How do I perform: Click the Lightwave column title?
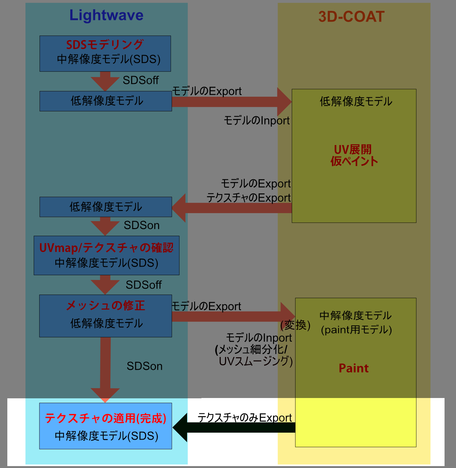pos(106,15)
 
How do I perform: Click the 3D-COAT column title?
pos(351,17)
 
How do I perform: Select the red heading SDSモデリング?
pos(105,45)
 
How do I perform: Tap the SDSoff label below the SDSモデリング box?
pos(141,80)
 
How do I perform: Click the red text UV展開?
pos(353,149)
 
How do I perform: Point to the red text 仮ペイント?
pos(354,161)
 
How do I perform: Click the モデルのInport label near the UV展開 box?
pos(256,121)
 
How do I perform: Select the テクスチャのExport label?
pos(249,198)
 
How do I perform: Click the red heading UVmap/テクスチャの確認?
pos(106,248)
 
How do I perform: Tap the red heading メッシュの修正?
pos(106,305)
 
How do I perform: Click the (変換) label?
pos(295,325)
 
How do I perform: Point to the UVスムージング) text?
pos(256,361)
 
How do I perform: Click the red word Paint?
pos(354,368)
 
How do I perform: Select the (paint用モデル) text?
pos(356,330)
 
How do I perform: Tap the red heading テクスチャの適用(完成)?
pos(106,418)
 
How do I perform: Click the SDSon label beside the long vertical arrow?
pos(144,366)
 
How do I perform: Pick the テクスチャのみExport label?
pos(244,417)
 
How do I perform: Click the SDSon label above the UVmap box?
pos(142,225)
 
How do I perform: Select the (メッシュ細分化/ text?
pos(251,349)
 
